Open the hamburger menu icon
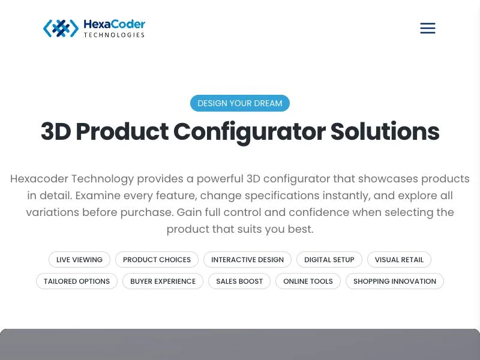click(428, 28)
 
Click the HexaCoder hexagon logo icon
click(61, 28)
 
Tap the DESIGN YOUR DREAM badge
click(239, 103)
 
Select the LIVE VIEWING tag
click(79, 260)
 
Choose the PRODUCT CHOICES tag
click(157, 260)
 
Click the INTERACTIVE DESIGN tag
click(247, 260)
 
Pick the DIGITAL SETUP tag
click(329, 260)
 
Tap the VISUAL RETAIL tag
click(399, 260)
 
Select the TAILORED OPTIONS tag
click(77, 281)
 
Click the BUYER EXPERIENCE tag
click(163, 281)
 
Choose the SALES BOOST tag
click(239, 281)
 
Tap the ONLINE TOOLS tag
click(308, 281)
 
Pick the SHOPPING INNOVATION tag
click(395, 281)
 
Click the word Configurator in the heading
click(250, 132)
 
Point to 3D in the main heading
click(56, 131)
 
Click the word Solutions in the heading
click(385, 131)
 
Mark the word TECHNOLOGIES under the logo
click(114, 35)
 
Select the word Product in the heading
click(122, 131)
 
